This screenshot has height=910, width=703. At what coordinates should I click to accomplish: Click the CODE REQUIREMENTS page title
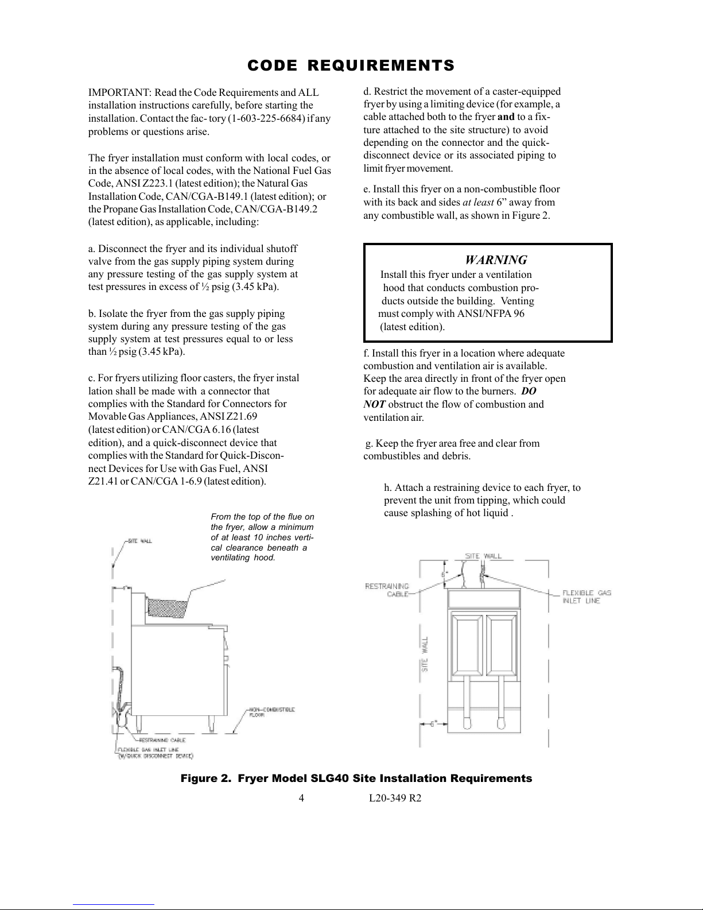pos(351,65)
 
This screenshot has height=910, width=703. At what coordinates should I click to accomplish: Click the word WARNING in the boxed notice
pos(496,260)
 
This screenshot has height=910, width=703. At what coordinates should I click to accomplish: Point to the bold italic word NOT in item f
pos(374,404)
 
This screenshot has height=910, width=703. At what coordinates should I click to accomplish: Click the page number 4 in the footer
pos(301,798)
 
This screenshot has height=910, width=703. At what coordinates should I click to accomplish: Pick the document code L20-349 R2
pos(395,798)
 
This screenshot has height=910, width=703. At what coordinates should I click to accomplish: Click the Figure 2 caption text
pos(356,779)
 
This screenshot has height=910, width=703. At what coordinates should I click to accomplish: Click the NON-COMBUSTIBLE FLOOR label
pos(272,712)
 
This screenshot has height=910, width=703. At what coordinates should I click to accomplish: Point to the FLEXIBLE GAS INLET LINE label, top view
pos(587,597)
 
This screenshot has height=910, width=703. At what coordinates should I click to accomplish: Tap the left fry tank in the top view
pos(468,643)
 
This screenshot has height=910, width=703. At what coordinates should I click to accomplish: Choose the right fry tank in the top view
pos(502,643)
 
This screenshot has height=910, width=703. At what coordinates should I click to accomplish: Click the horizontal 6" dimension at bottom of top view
pos(436,723)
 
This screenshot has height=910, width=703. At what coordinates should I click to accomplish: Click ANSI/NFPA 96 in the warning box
pos(491,313)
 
